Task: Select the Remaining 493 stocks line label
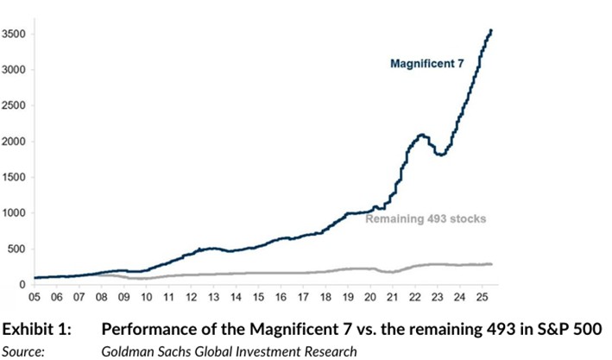pyautogui.click(x=426, y=219)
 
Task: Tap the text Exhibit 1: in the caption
pyautogui.click(x=34, y=330)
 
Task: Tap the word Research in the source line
pyautogui.click(x=327, y=350)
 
